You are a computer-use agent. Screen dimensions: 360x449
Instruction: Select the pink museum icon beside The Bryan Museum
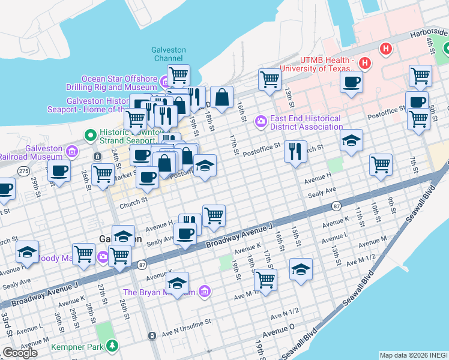pyautogui.click(x=205, y=292)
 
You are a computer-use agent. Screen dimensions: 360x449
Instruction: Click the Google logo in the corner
pyautogui.click(x=20, y=353)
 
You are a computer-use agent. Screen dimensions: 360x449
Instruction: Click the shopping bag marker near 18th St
pyautogui.click(x=221, y=97)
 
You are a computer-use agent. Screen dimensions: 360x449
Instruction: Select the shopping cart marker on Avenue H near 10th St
pyautogui.click(x=381, y=164)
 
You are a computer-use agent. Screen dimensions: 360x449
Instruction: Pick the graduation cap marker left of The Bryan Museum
pyautogui.click(x=177, y=283)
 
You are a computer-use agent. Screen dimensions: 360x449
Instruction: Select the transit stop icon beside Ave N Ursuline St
pyautogui.click(x=152, y=335)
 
